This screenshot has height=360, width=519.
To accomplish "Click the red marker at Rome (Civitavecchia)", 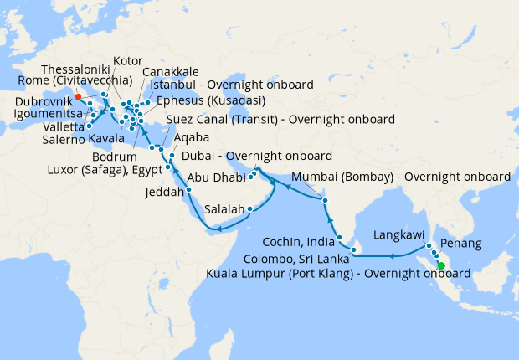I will click(x=78, y=96).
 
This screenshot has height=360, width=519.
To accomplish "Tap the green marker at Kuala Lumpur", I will click(x=441, y=268).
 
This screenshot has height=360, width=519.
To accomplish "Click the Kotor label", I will click(x=127, y=60).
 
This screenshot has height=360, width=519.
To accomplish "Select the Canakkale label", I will click(x=170, y=73).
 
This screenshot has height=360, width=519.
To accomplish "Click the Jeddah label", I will click(x=167, y=192).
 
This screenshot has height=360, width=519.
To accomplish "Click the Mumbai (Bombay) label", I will click(x=401, y=177).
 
